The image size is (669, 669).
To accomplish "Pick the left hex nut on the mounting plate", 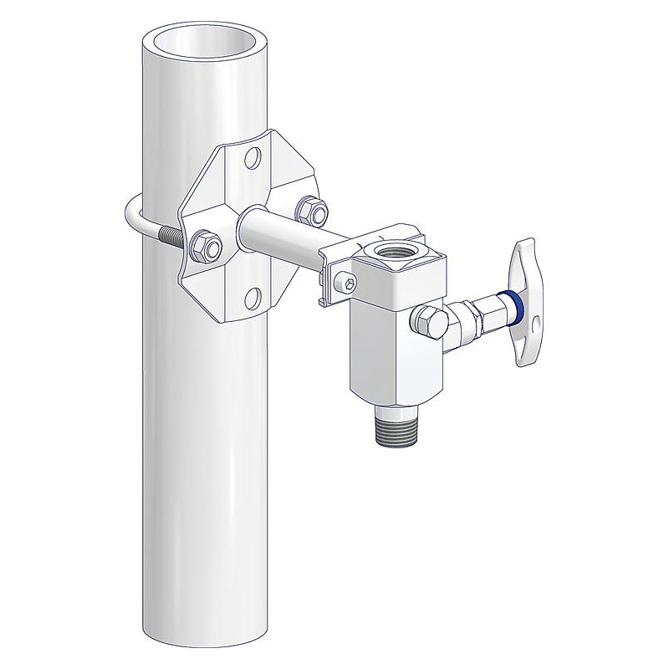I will tap(203, 246).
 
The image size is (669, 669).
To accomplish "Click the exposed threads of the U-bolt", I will tap(172, 236).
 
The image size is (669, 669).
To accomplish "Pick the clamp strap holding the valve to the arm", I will tap(334, 272).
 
